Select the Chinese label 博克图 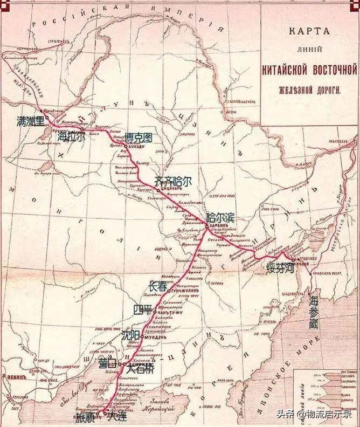click(x=139, y=137)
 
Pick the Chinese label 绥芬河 click(x=279, y=268)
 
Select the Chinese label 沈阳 click(x=131, y=335)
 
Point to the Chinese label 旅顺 click(x=86, y=417)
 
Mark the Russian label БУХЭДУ click(x=138, y=147)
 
